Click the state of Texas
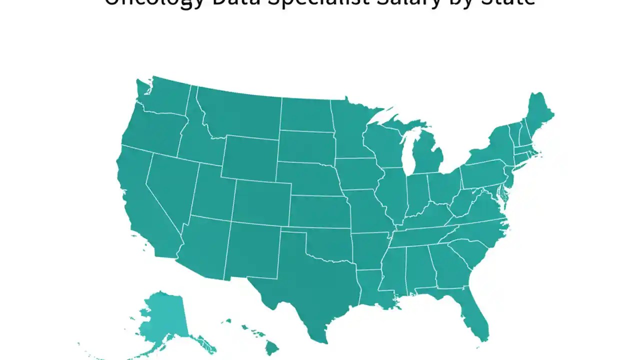[x=310, y=280]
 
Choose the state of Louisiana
[x=372, y=290]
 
